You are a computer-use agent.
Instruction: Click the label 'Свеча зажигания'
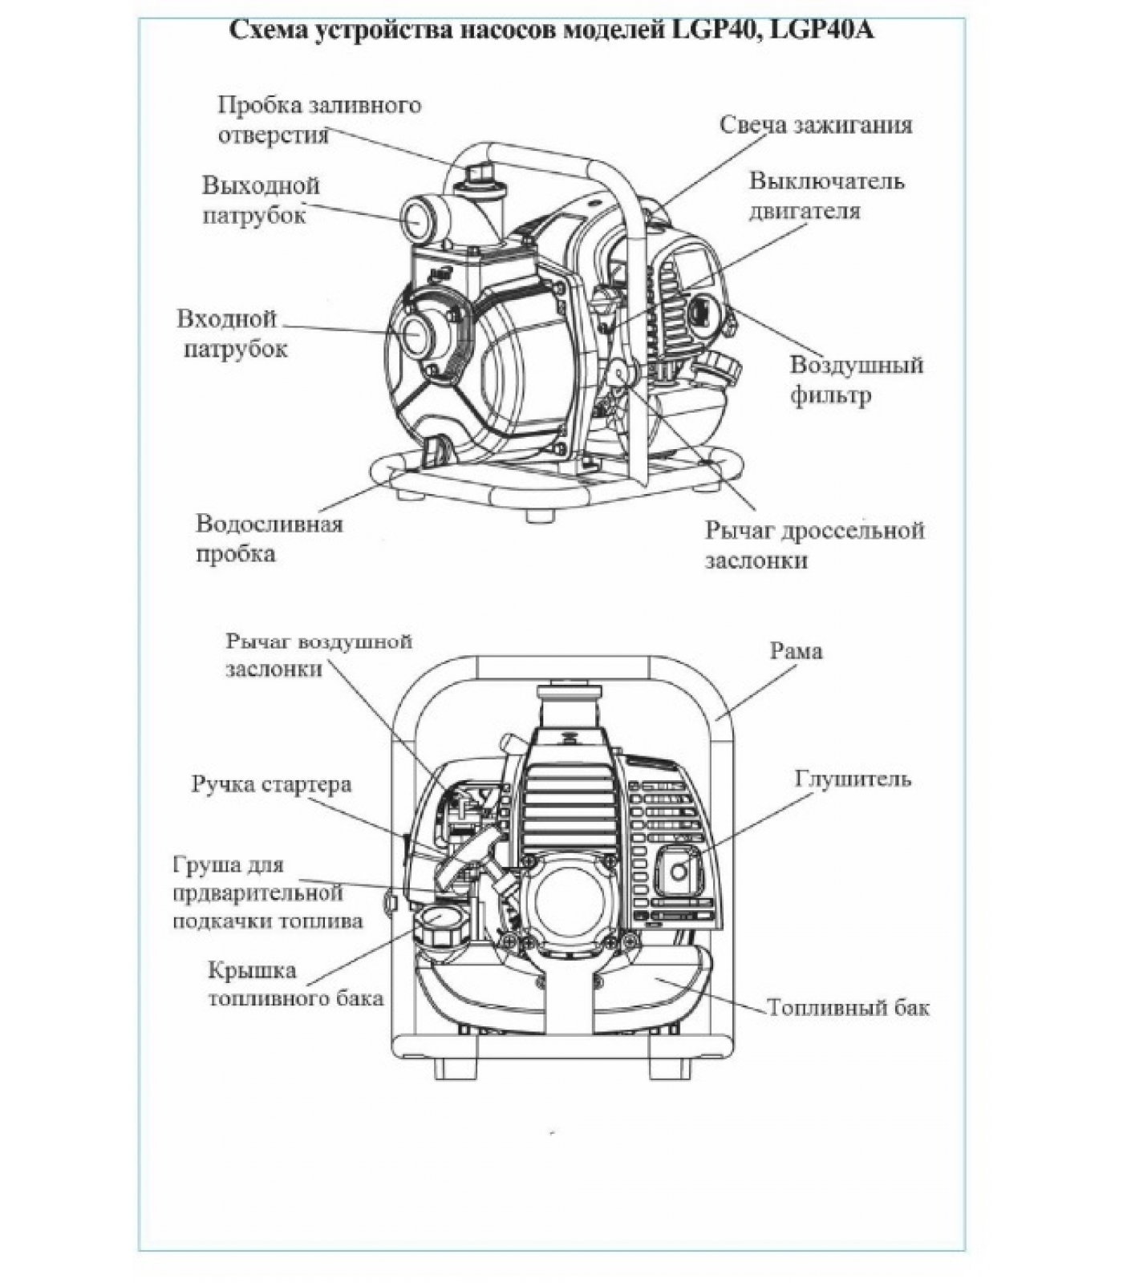coord(815,125)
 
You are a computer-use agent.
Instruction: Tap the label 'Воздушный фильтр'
coord(856,379)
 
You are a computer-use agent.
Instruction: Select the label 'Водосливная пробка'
coord(269,538)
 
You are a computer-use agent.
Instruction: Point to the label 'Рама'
coord(796,651)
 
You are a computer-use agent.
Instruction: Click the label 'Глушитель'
coord(853,779)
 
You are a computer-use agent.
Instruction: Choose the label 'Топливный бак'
coord(848,1007)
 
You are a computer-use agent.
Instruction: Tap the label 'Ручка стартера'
coord(271,783)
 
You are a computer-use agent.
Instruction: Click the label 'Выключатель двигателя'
coord(826,196)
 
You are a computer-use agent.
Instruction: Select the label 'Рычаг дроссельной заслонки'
coord(814,544)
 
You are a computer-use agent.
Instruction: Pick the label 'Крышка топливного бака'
coord(295,984)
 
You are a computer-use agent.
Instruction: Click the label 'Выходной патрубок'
coord(261,200)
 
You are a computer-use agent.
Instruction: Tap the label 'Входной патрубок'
coord(233,334)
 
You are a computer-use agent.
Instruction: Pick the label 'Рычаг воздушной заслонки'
coord(318,655)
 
